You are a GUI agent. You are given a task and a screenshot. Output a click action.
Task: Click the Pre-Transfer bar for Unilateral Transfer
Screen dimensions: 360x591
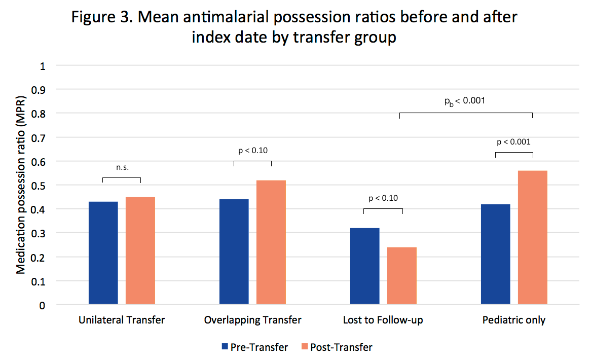[103, 253]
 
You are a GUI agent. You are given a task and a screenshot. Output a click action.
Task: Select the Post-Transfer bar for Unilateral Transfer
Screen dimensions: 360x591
[140, 250]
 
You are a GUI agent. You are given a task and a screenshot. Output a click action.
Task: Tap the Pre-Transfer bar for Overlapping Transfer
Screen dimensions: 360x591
[234, 251]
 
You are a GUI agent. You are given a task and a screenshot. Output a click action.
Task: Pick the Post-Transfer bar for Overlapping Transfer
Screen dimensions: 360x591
[271, 242]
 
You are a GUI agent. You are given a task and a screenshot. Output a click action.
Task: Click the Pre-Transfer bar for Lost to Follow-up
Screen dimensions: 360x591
[365, 266]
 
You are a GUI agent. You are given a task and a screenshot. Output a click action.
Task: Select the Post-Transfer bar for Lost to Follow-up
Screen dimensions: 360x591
[402, 276]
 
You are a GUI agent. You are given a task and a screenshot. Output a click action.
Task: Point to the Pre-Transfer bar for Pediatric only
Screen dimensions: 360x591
[496, 254]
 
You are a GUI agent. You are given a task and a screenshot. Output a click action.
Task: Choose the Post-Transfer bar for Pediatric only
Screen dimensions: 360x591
[533, 237]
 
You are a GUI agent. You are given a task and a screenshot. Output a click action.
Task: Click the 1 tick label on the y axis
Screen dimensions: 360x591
[43, 66]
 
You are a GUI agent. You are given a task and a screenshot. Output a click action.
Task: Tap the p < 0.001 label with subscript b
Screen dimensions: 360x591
[465, 100]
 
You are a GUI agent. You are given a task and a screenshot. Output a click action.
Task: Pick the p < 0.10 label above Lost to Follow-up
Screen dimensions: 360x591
[383, 198]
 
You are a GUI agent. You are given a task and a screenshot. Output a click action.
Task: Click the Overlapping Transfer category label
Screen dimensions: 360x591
[252, 320]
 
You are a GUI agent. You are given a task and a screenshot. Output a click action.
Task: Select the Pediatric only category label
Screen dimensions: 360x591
[514, 320]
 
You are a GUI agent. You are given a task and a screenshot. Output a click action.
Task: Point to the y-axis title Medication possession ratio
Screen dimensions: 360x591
[21, 185]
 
